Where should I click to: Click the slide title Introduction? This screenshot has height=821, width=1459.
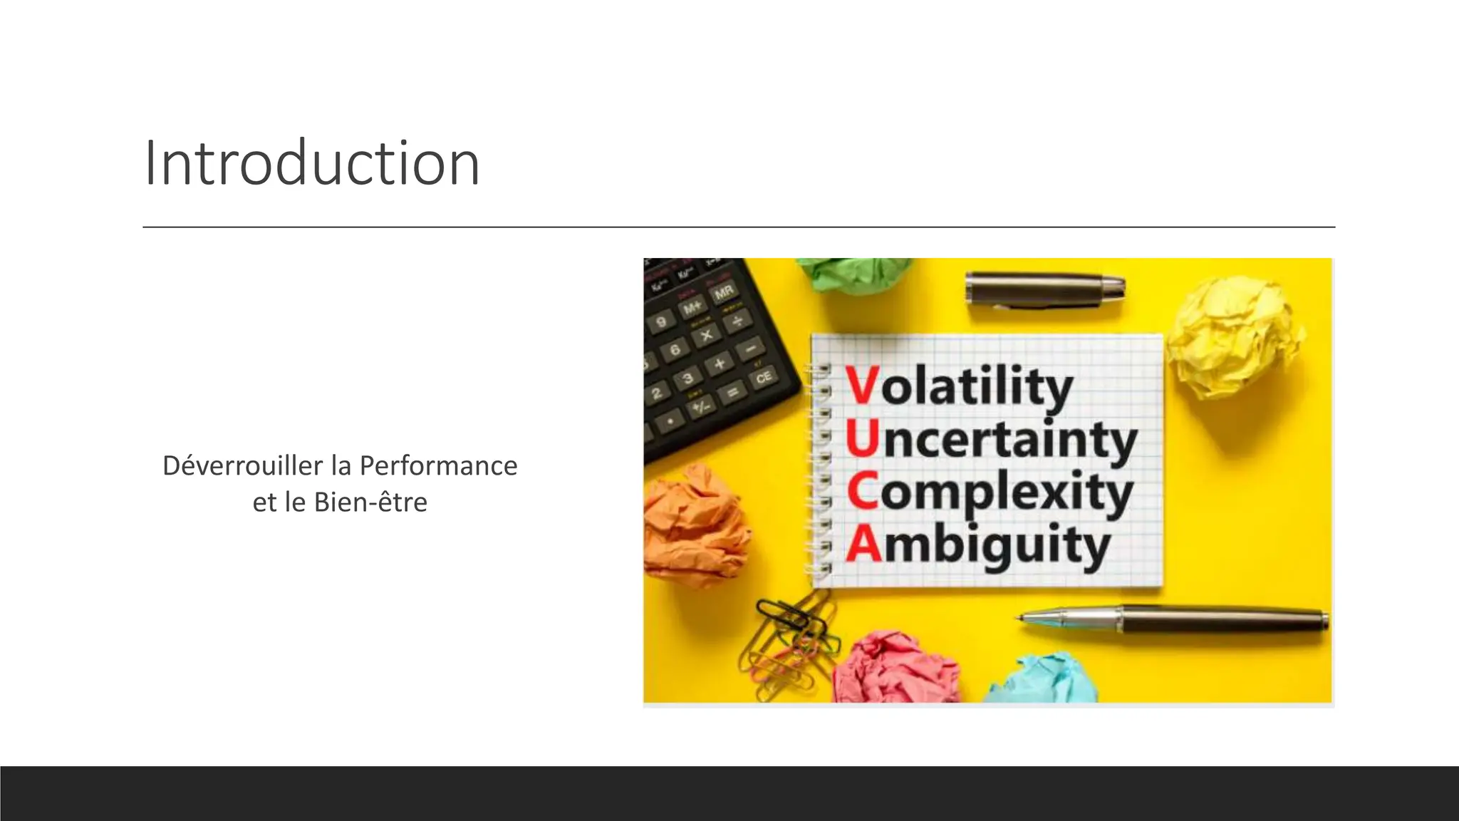[311, 163]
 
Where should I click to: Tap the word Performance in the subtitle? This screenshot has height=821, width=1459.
[438, 466]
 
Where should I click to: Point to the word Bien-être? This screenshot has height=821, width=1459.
[370, 502]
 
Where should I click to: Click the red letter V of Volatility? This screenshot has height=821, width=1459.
[862, 386]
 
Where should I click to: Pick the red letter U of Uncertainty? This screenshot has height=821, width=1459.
[862, 439]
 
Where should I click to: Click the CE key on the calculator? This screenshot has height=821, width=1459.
[763, 377]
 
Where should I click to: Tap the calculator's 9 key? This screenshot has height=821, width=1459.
[662, 322]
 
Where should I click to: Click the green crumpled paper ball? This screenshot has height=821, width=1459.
[855, 274]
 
